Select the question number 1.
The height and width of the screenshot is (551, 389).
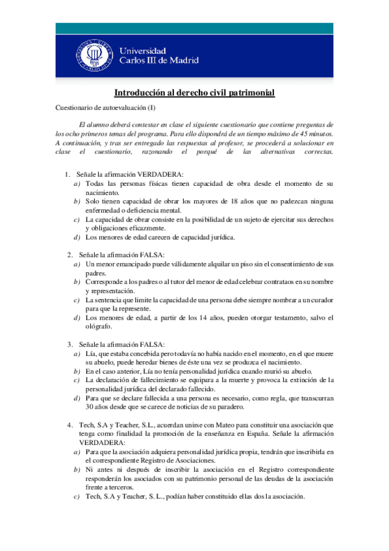click(67, 174)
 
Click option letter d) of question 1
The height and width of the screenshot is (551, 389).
click(77, 237)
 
